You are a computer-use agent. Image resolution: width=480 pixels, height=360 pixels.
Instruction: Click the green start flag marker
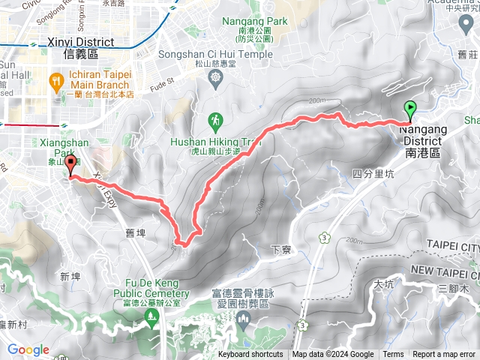click(x=410, y=110)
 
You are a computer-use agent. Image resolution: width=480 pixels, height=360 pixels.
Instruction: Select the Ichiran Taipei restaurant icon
click(x=57, y=80)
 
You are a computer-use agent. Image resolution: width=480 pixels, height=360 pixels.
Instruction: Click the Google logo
click(x=28, y=349)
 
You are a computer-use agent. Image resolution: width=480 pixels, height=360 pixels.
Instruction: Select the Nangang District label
click(x=424, y=140)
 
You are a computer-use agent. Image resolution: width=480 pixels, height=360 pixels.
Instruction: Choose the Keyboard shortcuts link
click(x=250, y=355)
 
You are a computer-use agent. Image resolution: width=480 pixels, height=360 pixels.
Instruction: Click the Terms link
click(x=393, y=355)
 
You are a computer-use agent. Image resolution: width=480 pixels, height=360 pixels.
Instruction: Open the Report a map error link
click(x=445, y=355)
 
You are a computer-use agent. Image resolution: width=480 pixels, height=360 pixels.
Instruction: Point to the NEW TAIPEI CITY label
click(x=445, y=269)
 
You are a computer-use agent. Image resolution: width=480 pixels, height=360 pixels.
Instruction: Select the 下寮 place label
click(x=280, y=249)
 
